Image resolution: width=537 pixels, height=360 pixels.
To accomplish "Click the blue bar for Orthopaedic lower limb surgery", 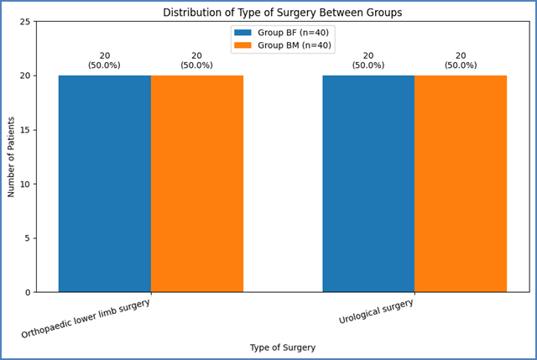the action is tap(105, 184).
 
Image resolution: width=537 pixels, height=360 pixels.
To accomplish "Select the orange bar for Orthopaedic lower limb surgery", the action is tap(197, 184).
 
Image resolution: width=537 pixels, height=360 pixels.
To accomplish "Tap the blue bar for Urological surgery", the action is tap(368, 184).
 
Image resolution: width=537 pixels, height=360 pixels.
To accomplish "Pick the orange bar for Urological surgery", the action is tap(461, 184).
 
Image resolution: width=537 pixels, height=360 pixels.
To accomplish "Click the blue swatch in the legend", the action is tap(242, 33).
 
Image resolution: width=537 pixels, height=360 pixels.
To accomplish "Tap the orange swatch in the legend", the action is tap(242, 45).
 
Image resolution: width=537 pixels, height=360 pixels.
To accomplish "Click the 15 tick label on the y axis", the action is tap(25, 130).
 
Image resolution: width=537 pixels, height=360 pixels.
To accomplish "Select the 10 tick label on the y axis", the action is tap(25, 185).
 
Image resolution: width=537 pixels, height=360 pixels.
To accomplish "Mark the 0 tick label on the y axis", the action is tap(28, 293).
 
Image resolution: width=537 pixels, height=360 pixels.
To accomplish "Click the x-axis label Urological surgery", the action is tap(376, 311).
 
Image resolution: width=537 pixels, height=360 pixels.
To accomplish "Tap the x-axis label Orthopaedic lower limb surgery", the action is tap(86, 318).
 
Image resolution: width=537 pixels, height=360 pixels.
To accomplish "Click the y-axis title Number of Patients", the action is tap(11, 157).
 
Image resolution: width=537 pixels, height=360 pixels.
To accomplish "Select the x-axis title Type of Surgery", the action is tap(283, 347).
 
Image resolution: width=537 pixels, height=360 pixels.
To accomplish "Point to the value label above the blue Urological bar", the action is tap(368, 60).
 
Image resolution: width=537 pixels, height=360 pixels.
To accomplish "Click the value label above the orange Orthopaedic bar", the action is tap(197, 60).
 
